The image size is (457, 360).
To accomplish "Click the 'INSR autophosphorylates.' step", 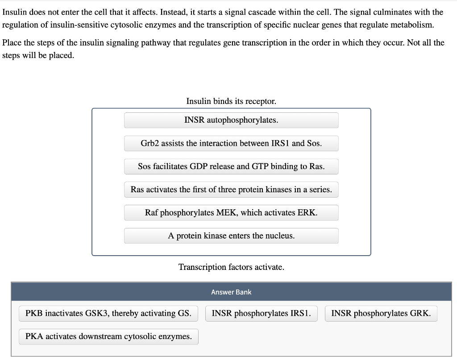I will (x=231, y=120).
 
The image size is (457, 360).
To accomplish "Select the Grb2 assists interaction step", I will (x=231, y=143).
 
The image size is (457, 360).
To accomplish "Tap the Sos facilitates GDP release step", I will (x=231, y=166).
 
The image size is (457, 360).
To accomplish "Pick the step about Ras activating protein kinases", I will (x=231, y=190).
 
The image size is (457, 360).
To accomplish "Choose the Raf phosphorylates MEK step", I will (x=231, y=213).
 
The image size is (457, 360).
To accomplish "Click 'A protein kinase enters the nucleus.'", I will (x=231, y=236).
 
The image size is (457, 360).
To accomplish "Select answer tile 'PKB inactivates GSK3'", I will (x=108, y=313).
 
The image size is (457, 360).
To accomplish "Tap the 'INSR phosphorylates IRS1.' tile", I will (x=262, y=313).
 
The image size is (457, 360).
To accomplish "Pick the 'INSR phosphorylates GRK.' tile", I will (x=381, y=313).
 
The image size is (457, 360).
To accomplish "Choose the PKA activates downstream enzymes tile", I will (x=108, y=336).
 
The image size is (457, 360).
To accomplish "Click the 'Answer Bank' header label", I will (x=231, y=292).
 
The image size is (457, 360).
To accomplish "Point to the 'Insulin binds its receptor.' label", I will (x=231, y=101).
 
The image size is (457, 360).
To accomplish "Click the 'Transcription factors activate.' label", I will (x=231, y=267).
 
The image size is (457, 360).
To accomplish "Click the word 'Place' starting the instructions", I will (x=12, y=43).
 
